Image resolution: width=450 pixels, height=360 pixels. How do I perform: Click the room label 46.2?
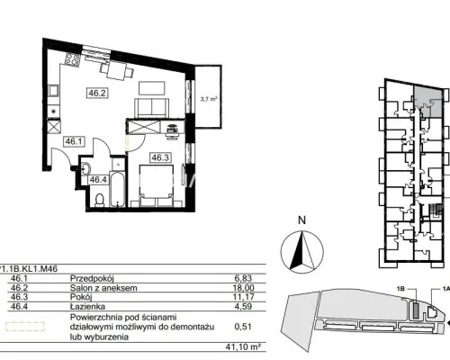(96, 93)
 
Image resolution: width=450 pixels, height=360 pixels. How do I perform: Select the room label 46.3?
(160, 157)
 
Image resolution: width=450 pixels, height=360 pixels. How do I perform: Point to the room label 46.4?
(98, 180)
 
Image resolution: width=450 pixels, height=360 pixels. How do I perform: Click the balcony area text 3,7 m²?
(209, 99)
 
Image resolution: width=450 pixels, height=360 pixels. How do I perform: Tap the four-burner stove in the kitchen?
(73, 59)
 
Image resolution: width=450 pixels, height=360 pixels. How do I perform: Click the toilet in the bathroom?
(99, 201)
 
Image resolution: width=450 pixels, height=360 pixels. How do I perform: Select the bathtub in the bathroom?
(117, 189)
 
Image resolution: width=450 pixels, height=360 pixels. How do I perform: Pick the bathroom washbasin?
(85, 168)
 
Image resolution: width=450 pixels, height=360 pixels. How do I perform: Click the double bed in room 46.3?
(157, 185)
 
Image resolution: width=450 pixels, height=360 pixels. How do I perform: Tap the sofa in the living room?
(151, 108)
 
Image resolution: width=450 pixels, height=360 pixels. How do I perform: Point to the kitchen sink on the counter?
(54, 90)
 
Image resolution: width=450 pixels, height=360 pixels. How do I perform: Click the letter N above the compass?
(301, 220)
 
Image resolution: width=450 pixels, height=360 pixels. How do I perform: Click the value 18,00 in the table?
(243, 288)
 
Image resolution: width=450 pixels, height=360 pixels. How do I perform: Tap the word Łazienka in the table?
(87, 307)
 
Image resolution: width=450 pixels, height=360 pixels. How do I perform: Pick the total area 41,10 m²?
(243, 347)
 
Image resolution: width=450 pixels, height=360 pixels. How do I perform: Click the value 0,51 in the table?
(243, 327)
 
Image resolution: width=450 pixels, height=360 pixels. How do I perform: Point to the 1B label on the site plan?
(400, 289)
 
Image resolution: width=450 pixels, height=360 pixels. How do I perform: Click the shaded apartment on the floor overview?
(428, 101)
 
